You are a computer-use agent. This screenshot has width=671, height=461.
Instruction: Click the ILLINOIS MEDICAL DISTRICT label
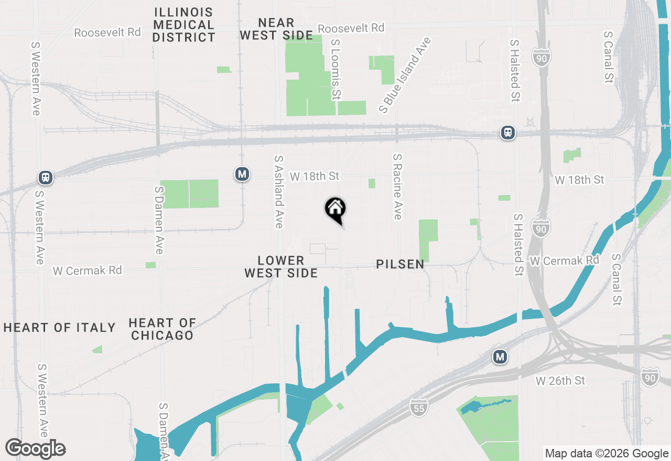click(184, 25)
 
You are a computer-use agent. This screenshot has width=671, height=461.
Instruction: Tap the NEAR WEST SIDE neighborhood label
click(276, 29)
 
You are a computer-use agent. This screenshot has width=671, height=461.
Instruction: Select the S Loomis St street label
click(335, 68)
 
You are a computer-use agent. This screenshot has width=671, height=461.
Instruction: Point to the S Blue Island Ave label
click(405, 75)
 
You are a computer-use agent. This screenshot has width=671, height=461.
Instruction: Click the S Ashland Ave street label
click(278, 192)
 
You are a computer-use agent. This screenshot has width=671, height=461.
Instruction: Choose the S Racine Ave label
click(397, 186)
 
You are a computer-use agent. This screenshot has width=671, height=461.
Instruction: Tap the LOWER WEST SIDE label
click(281, 267)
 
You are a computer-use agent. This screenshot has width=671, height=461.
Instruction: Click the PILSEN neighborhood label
click(400, 265)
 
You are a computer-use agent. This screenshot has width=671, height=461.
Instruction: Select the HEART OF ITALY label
click(59, 328)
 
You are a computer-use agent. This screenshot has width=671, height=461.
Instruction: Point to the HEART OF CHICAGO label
click(163, 329)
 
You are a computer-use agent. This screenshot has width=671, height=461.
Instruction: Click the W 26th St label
click(560, 381)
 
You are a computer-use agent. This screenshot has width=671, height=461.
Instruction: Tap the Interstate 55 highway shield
click(419, 407)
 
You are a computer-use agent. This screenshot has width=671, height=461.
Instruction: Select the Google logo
click(35, 449)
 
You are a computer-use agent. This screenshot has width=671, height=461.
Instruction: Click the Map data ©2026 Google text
click(607, 454)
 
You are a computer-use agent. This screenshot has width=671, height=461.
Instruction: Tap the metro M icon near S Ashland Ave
click(242, 174)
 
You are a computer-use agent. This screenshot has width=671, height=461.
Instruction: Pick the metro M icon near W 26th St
click(500, 357)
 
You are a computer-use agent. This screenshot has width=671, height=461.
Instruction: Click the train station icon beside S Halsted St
click(507, 133)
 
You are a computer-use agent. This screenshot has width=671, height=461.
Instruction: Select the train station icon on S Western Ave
click(46, 178)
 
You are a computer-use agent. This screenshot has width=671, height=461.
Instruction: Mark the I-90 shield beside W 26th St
click(650, 377)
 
